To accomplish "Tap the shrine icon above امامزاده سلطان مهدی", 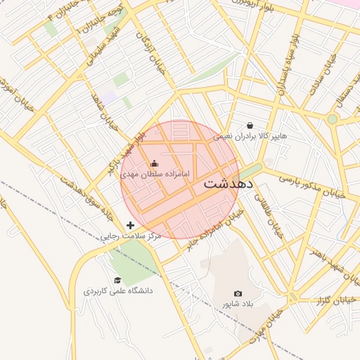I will [155, 164].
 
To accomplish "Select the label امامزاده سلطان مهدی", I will [150, 173].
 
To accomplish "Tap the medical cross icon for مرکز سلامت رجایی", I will [130, 225].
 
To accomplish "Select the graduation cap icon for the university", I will [117, 280].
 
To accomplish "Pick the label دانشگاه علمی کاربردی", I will [118, 290].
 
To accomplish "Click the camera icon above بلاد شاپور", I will [238, 293].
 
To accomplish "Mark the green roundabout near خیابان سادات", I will [332, 119].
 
